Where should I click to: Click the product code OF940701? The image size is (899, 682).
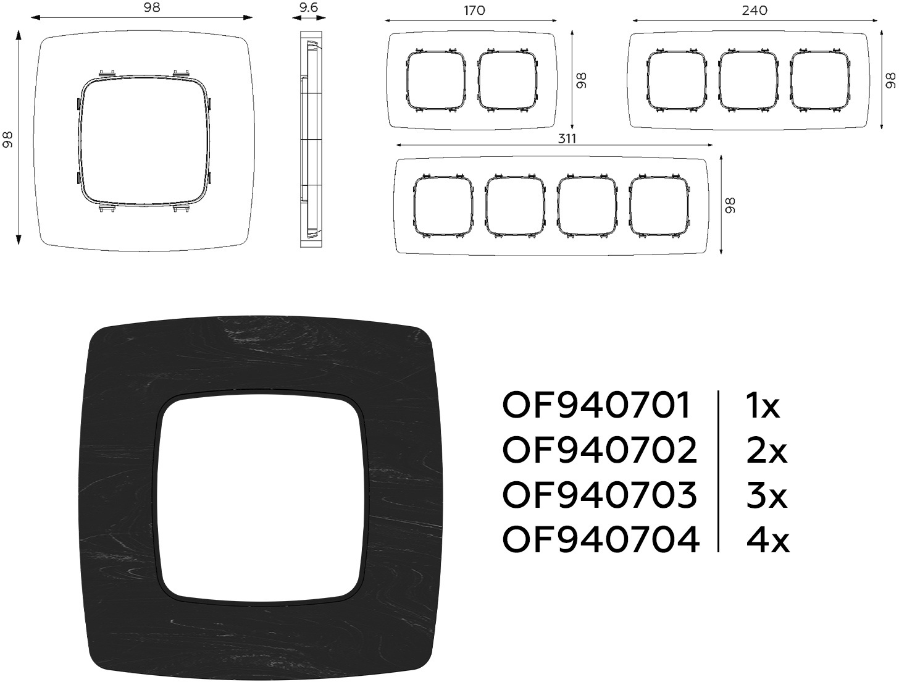[596, 405]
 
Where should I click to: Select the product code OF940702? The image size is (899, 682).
[600, 450]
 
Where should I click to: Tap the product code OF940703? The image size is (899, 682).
[600, 495]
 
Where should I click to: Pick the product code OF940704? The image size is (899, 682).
[601, 539]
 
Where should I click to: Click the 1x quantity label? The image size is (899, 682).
[763, 405]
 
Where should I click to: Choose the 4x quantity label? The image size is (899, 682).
[768, 539]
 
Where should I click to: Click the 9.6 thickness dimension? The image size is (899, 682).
[308, 7]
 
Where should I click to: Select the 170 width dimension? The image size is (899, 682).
[474, 11]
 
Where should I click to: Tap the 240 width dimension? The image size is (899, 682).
[755, 11]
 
